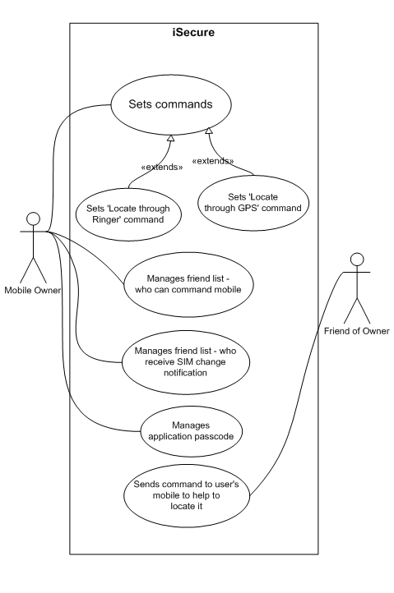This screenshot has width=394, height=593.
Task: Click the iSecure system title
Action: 193,33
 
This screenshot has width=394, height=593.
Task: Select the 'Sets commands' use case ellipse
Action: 171,104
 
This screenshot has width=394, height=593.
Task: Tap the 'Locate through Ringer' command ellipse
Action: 128,214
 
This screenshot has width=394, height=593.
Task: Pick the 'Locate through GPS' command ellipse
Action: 253,203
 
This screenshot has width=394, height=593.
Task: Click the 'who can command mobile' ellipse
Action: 188,284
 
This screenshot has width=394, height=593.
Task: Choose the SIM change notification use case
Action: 186,362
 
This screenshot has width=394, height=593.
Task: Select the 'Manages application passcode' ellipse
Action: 192,431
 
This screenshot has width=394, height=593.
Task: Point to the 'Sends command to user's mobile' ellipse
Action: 187,495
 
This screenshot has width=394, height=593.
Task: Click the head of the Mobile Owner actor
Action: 34,218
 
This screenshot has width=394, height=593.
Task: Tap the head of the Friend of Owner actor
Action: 357,260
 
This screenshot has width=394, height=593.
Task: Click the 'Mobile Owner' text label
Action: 33,291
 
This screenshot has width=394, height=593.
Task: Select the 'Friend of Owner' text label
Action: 356,331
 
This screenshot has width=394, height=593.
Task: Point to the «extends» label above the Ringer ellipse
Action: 162,168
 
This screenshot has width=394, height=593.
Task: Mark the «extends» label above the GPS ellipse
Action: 213,161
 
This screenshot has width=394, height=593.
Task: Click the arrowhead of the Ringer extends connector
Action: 171,138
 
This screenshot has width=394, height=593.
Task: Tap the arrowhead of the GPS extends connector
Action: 209,131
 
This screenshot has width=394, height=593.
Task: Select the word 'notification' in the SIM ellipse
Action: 185,373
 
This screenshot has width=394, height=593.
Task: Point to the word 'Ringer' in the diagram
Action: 104,220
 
